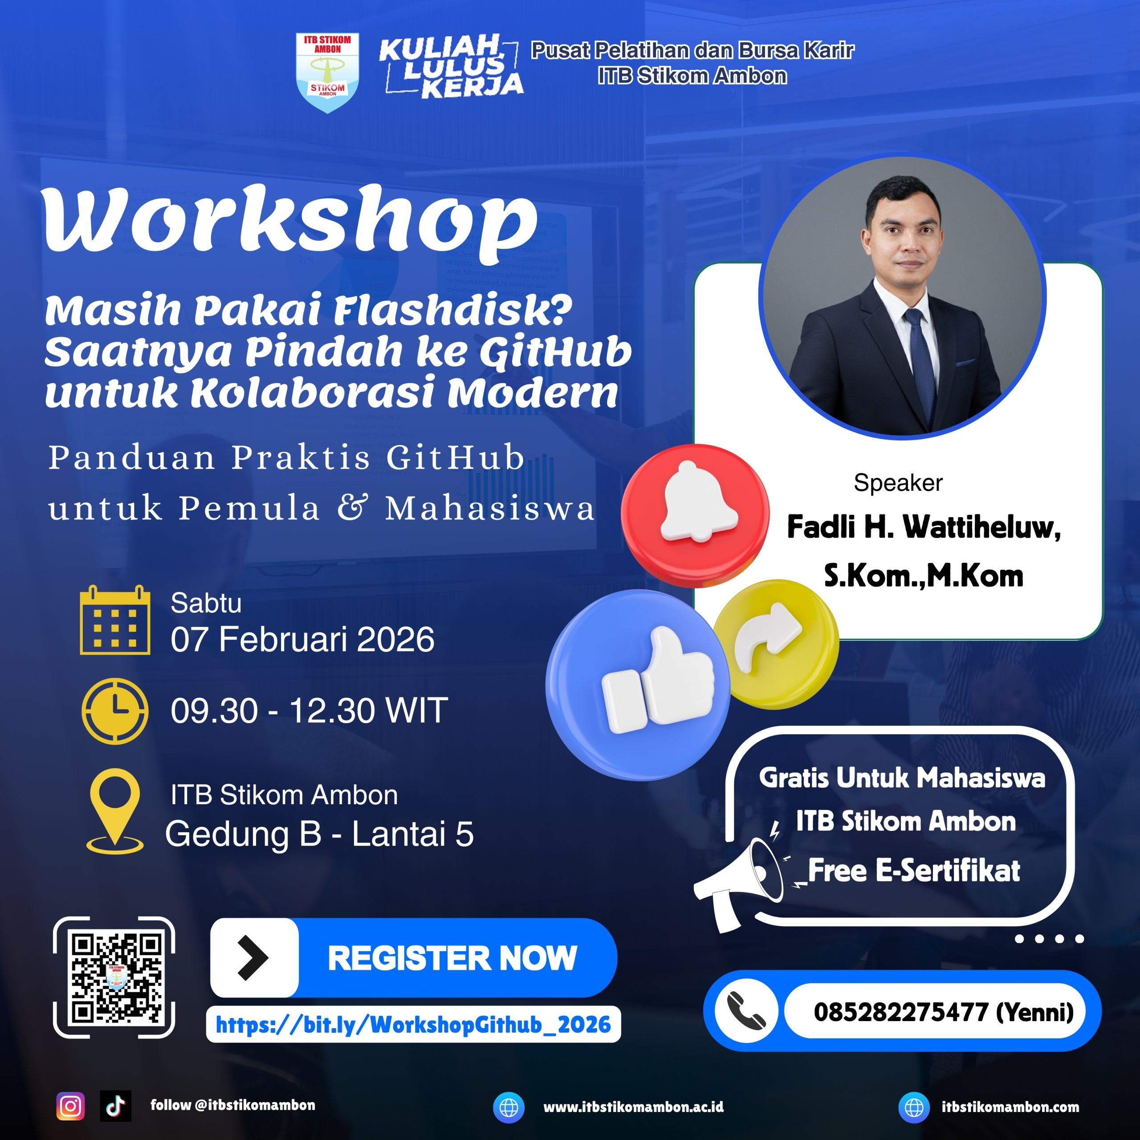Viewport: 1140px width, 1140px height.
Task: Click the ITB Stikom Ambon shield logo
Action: pos(327,73)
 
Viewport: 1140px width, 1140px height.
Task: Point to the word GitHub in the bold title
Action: pos(555,352)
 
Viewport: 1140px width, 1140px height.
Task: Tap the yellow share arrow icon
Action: pos(775,643)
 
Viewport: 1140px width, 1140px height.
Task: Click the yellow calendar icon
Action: pos(115,620)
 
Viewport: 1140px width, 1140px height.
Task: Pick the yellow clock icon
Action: pos(115,710)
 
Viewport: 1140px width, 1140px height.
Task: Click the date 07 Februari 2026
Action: pos(302,639)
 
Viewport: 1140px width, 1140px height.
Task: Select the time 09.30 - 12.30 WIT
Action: pos(309,710)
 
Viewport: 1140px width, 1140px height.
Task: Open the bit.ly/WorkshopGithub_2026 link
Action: pos(413,1025)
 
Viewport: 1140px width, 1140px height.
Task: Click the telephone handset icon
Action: pos(746,1011)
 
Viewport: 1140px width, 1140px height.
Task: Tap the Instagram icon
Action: pos(70,1106)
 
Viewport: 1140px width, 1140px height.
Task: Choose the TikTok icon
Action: pos(116,1106)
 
